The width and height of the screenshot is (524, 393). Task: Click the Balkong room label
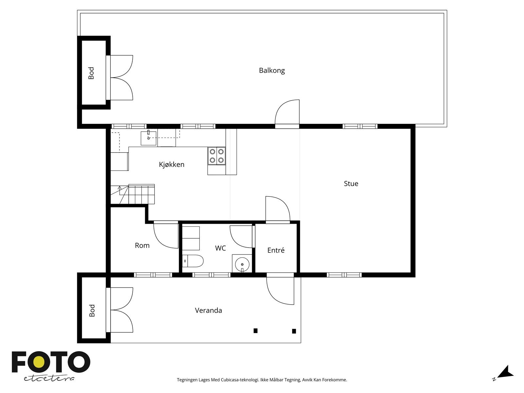tap(272, 71)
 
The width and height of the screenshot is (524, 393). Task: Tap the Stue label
tap(351, 183)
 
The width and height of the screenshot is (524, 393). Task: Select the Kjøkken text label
tap(172, 164)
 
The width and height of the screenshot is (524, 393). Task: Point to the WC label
tap(220, 248)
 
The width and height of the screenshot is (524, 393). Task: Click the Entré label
tap(276, 250)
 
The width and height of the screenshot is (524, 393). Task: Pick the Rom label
tap(142, 245)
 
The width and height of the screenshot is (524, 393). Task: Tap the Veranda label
tap(208, 310)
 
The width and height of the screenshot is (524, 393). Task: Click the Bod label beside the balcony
tap(91, 73)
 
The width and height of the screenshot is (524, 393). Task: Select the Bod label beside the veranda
tap(92, 310)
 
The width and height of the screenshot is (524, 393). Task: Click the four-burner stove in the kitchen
tap(216, 156)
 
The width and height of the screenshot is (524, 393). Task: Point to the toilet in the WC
tap(193, 261)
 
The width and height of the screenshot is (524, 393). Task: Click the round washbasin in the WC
tap(242, 264)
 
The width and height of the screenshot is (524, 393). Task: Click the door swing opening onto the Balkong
tap(287, 112)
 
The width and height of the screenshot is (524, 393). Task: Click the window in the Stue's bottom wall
tap(344, 275)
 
